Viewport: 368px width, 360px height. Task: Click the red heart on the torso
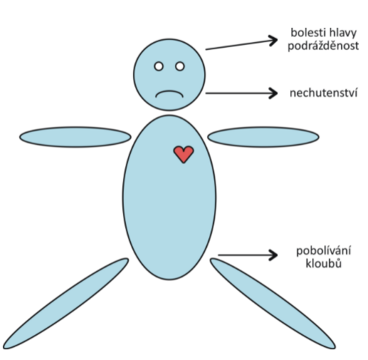click(184, 154)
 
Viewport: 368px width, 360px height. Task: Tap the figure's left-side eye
click(159, 66)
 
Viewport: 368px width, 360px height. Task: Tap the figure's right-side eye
click(180, 66)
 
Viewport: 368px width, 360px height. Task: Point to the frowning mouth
click(169, 94)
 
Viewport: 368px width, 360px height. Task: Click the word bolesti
click(305, 32)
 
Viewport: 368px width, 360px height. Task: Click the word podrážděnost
click(323, 46)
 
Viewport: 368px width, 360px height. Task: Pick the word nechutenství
click(323, 93)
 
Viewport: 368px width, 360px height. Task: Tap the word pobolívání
click(324, 251)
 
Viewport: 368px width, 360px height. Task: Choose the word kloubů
click(324, 263)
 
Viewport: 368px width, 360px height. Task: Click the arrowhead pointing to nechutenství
click(273, 93)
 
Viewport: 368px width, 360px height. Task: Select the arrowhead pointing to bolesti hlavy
click(273, 41)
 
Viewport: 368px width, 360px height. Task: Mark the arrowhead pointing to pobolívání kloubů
click(273, 255)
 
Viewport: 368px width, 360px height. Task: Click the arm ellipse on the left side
click(75, 137)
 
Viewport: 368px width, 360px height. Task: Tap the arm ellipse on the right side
click(263, 137)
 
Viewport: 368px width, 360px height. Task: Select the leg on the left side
click(65, 304)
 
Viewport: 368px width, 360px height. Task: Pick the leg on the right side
click(273, 304)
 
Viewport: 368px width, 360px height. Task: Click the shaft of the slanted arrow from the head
click(240, 45)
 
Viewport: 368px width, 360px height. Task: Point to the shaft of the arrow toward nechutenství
click(241, 93)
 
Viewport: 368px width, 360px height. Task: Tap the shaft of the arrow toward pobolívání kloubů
click(247, 255)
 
